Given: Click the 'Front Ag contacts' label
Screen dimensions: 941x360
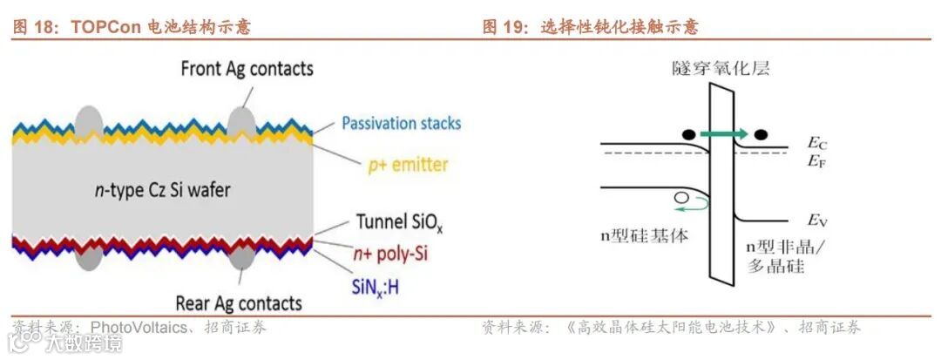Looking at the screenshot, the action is [247, 68].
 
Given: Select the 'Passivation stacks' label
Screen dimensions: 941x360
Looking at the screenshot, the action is [401, 123].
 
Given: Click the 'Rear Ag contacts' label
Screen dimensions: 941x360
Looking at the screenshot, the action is [239, 303].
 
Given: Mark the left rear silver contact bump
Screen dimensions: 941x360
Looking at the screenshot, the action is [89, 258].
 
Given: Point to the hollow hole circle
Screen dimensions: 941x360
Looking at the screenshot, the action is [680, 199].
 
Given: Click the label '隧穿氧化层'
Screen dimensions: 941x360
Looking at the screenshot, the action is [721, 68].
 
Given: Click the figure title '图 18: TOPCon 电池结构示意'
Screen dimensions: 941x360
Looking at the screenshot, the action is [131, 27].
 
